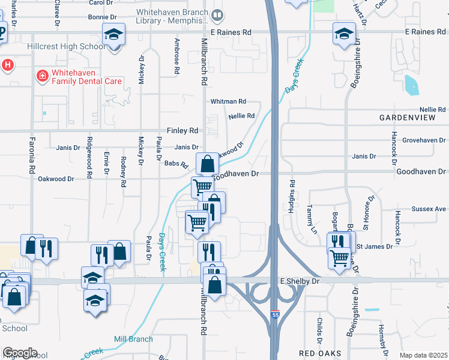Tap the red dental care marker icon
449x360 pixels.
(42, 76)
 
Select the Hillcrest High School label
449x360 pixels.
(65, 46)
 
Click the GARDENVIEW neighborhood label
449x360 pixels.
(407, 118)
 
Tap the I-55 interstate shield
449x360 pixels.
(274, 331)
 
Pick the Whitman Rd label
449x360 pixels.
(228, 102)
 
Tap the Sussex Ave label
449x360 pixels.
(429, 209)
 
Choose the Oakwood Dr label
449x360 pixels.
(56, 179)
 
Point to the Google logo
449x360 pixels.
(20, 352)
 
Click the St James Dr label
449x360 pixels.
(375, 246)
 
